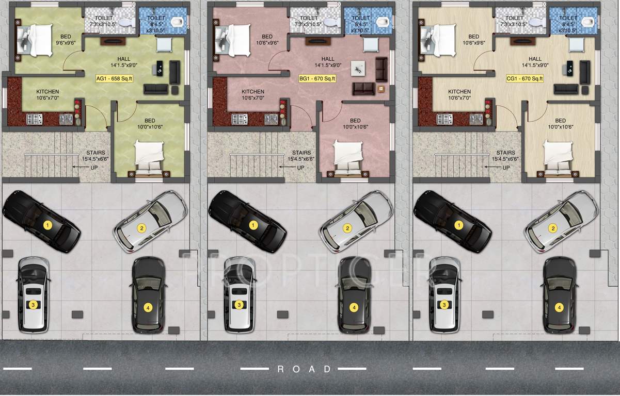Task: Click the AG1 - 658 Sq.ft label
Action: pos(115,79)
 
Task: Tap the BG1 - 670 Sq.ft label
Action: pos(317,79)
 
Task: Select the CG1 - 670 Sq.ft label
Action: pos(524,79)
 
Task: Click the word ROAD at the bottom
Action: pos(305,369)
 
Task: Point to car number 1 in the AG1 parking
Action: pos(42,221)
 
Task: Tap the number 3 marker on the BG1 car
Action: pos(239,305)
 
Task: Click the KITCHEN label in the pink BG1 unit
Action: pos(253,92)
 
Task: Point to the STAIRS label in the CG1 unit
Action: pos(505,153)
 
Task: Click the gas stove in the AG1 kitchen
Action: pos(34,120)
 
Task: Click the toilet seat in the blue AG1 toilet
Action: pos(178,22)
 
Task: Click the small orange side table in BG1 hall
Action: pos(380,89)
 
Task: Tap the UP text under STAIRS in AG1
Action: pos(94,168)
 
